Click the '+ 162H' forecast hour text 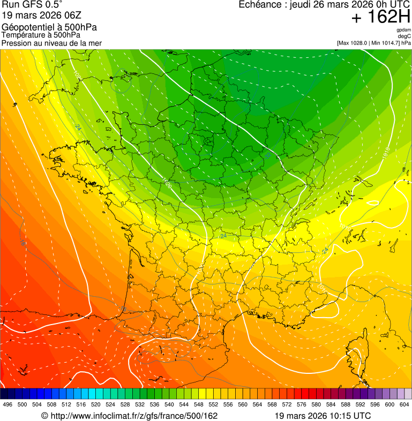(381, 17)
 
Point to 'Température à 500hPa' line (41, 35)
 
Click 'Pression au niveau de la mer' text (51, 43)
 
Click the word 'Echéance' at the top (261, 5)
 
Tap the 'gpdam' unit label (403, 30)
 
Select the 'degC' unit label (404, 36)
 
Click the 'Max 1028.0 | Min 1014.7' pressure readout (369, 43)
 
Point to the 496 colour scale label (8, 404)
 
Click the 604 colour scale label (404, 404)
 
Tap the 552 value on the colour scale (213, 404)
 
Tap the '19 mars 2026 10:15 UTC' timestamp (323, 416)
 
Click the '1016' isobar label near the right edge (386, 154)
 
